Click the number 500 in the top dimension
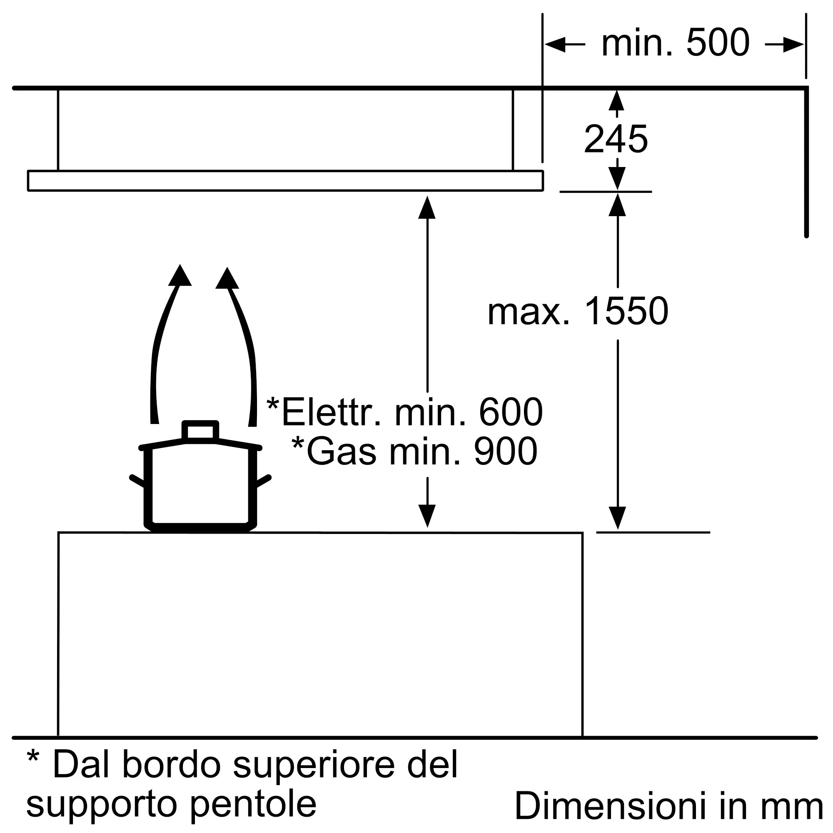(x=718, y=42)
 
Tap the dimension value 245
(x=616, y=139)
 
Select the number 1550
(x=626, y=311)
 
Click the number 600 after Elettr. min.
(x=511, y=412)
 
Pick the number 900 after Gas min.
(x=506, y=451)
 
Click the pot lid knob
(x=200, y=431)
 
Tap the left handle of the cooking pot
(x=137, y=481)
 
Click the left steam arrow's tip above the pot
(x=180, y=265)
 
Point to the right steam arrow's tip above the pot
(x=227, y=268)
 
